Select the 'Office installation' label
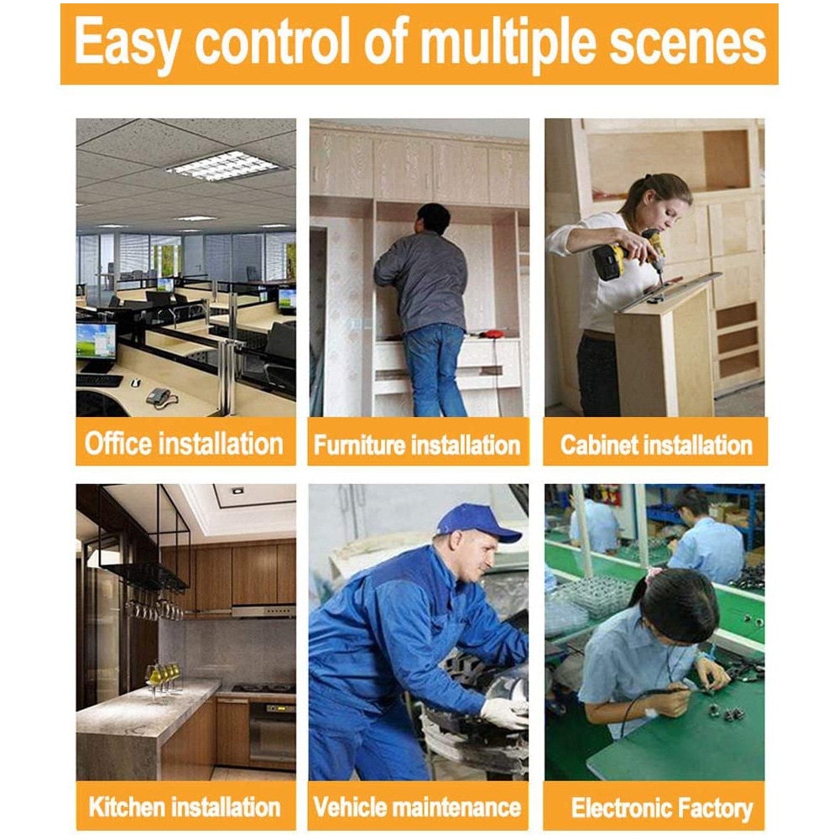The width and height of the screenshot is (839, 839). point(184,444)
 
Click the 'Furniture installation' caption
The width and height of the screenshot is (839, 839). point(417,445)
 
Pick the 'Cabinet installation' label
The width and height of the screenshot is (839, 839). point(656,445)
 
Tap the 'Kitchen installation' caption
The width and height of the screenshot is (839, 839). point(184,807)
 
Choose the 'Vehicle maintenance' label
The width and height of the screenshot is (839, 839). point(417,807)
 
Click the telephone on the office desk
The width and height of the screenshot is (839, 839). point(159,397)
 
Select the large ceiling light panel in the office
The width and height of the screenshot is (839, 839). point(224,165)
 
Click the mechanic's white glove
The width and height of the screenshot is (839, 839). point(503,712)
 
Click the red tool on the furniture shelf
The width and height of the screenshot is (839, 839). point(491,334)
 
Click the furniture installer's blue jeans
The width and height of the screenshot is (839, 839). point(435,369)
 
